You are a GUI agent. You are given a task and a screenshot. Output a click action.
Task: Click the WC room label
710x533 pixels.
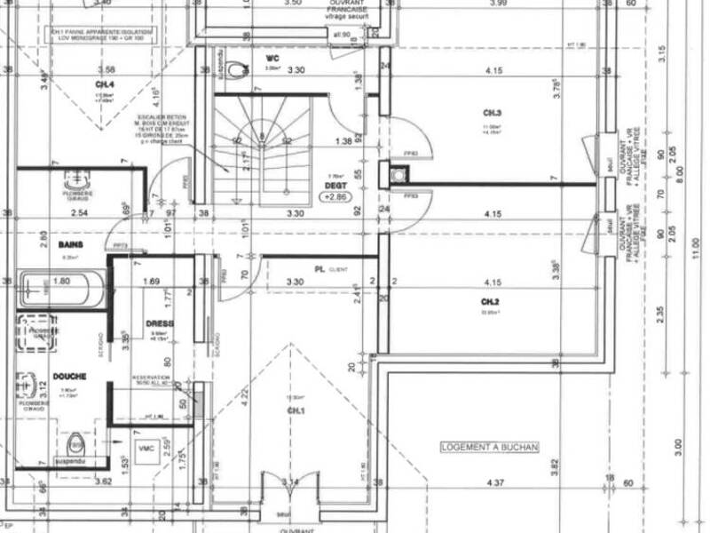(x=273, y=59)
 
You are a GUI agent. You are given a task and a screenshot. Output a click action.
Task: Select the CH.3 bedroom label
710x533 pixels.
(x=493, y=114)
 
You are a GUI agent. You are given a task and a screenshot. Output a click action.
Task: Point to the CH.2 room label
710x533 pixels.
(x=492, y=302)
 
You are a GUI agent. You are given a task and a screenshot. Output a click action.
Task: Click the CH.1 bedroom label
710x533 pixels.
(x=296, y=411)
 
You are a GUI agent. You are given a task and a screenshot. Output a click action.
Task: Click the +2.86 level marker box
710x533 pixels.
(x=336, y=197)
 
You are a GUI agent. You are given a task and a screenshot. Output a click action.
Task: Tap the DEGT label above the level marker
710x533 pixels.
(x=335, y=185)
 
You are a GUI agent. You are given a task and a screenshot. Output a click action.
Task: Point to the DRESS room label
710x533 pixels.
(x=161, y=323)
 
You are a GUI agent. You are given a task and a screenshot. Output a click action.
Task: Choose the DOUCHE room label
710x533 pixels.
(x=69, y=377)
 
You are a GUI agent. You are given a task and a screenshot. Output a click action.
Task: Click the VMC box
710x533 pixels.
(x=146, y=449)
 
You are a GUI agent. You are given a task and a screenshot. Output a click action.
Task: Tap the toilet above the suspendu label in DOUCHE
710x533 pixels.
(x=76, y=442)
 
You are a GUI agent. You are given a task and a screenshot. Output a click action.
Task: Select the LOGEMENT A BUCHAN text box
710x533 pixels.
(x=490, y=449)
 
